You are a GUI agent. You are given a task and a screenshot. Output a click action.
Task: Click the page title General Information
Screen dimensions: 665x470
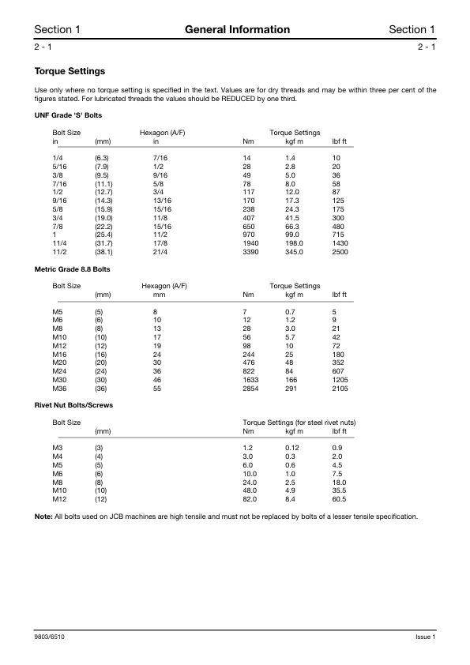coord(237,30)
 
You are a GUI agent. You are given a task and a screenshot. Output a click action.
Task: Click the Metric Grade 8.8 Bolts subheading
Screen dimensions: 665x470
coord(73,269)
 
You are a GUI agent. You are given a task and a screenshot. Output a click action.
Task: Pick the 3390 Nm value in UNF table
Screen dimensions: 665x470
coord(251,253)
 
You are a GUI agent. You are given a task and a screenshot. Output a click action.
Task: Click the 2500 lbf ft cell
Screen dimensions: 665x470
coord(340,253)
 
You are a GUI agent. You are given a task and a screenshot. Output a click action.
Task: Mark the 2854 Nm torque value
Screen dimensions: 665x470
coord(251,389)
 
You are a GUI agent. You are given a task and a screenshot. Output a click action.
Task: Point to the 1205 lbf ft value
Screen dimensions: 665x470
coord(340,380)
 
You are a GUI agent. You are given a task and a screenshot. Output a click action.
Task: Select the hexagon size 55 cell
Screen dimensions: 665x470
coord(157,389)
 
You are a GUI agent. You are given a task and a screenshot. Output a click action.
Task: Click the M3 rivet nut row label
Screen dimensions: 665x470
coord(57,448)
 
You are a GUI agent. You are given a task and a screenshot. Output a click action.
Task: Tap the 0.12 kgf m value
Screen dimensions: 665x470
coord(292,448)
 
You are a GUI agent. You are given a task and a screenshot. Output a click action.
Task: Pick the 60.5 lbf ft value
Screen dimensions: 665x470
coord(340,499)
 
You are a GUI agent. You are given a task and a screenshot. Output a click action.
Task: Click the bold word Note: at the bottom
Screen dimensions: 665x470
coord(43,517)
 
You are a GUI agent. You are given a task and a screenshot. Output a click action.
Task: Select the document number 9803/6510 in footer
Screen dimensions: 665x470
coord(50,637)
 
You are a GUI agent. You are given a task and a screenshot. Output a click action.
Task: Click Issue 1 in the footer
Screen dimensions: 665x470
coord(425,637)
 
